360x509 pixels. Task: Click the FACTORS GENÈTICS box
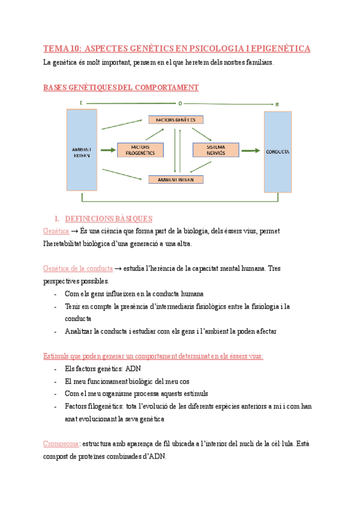coord(176,120)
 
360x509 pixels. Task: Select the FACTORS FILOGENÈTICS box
coord(140,150)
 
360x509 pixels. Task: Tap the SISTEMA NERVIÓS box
coord(215,150)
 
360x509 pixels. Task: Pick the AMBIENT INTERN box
coord(176,179)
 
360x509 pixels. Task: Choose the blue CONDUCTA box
coord(278,151)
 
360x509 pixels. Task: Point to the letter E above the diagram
coord(81,104)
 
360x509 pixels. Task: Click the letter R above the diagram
coord(277,104)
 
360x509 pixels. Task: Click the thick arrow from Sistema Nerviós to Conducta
coord(251,150)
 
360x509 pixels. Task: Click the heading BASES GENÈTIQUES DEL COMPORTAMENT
coord(121,88)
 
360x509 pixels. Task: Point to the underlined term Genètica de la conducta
coord(77,268)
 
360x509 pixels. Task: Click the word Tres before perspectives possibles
coord(274,268)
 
